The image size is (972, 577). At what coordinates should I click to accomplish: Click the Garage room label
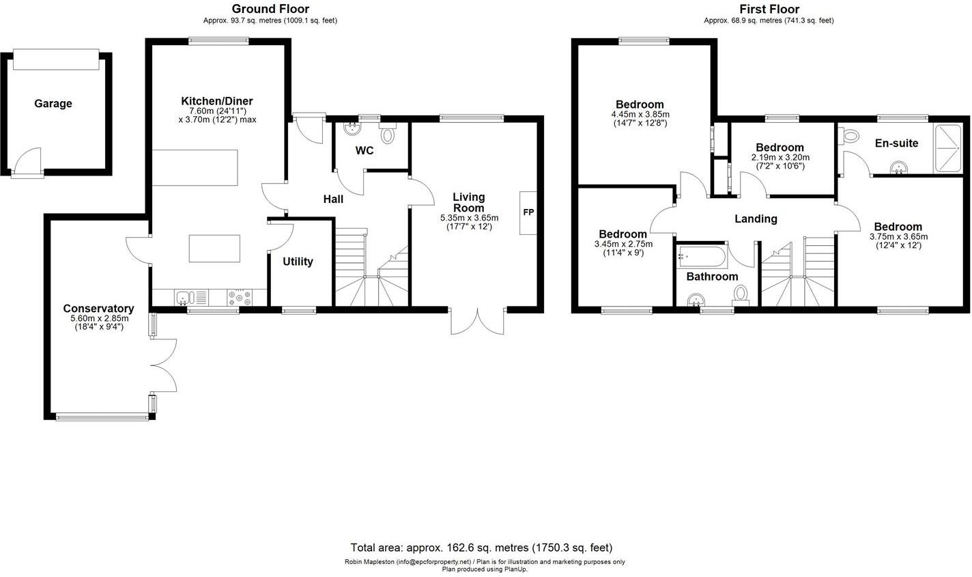(x=53, y=104)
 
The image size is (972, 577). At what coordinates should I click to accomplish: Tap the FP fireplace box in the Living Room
(x=528, y=212)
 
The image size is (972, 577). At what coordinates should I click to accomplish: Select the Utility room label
(x=298, y=262)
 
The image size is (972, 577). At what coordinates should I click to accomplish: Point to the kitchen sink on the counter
(x=184, y=298)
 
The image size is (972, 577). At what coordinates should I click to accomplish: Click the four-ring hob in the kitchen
(x=239, y=298)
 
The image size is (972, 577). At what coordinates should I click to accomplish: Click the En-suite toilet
(x=850, y=136)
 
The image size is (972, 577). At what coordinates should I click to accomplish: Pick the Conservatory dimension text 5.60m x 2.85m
(x=100, y=318)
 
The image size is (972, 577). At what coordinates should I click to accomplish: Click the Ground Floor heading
(x=270, y=9)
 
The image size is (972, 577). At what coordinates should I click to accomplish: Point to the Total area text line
(x=481, y=548)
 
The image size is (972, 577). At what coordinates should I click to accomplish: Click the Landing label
(x=756, y=219)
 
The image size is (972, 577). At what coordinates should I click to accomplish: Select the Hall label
(x=333, y=199)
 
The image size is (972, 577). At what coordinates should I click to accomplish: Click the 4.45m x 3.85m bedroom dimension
(x=640, y=115)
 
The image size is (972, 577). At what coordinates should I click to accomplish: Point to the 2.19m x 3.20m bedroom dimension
(x=780, y=158)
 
